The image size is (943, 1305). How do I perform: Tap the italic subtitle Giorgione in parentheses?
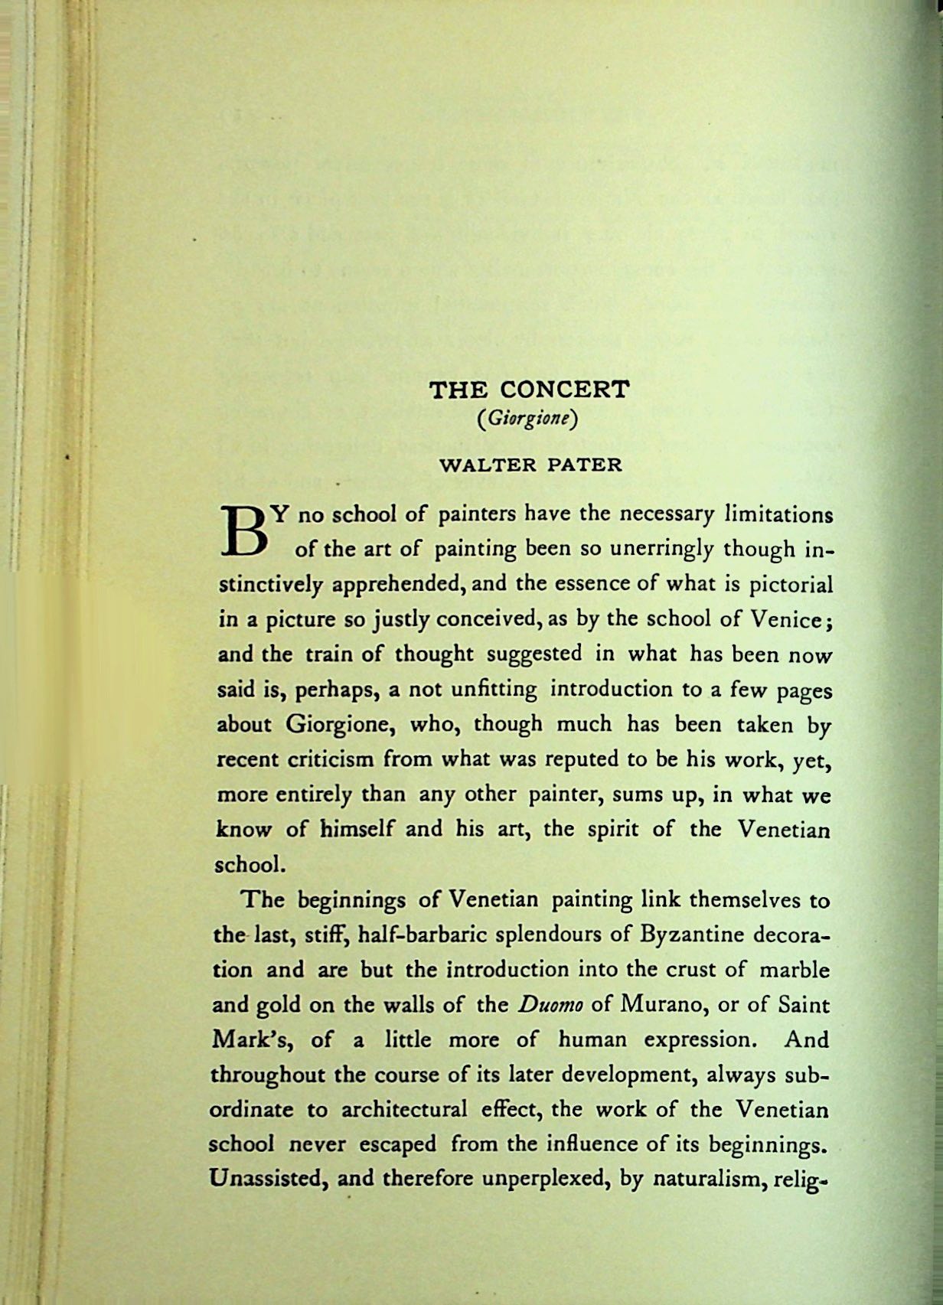(x=527, y=420)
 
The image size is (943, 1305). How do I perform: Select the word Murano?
(x=662, y=1006)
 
